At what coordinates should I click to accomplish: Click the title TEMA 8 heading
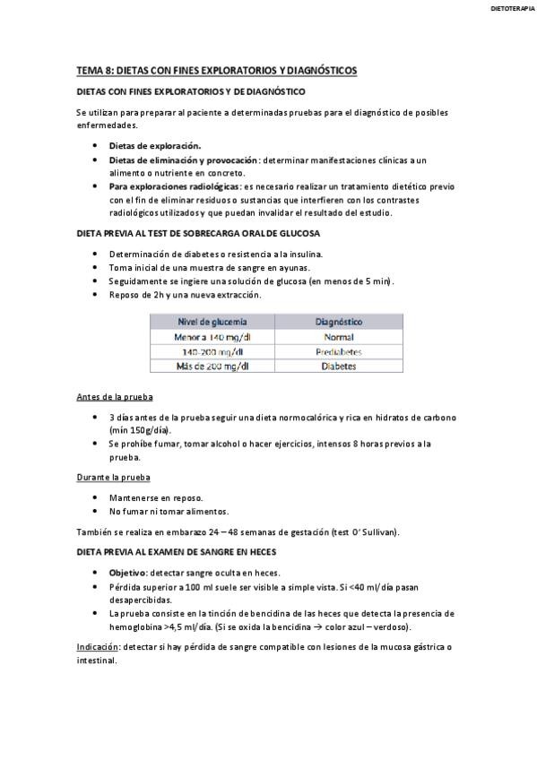(216, 70)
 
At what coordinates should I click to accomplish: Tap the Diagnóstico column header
(339, 320)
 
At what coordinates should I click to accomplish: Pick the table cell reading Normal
(339, 336)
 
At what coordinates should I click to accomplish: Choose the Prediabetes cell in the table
(339, 351)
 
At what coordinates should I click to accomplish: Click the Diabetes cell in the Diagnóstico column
(339, 366)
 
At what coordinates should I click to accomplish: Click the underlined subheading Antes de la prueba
(114, 397)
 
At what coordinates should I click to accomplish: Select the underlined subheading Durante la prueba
(114, 477)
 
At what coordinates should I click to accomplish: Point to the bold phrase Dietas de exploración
(155, 145)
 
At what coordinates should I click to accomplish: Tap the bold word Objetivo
(127, 573)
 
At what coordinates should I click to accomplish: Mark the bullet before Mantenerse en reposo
(96, 497)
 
